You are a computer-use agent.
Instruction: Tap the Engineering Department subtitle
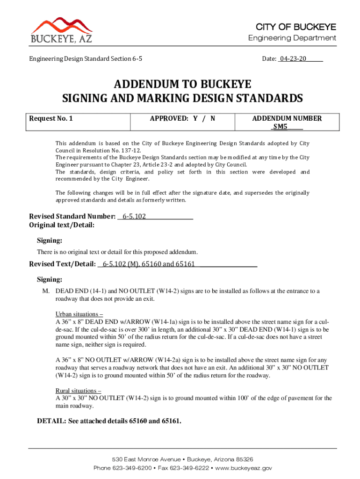click(292, 38)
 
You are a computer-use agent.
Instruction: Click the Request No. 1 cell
click(51, 118)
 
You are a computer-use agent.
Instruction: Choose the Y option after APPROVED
click(195, 118)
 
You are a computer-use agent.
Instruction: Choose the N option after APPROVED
click(213, 118)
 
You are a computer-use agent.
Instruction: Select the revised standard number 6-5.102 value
click(134, 217)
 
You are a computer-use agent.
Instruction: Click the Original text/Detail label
click(62, 225)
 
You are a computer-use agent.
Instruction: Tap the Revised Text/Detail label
click(63, 264)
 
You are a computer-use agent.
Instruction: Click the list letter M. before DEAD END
click(46, 291)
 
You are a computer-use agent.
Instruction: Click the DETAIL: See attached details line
click(108, 421)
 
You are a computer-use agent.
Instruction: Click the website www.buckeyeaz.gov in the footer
click(243, 468)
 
